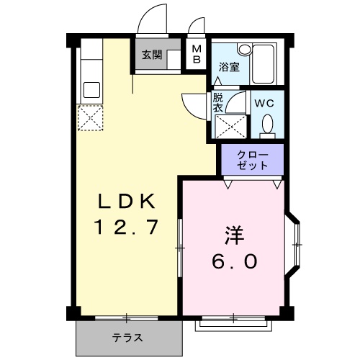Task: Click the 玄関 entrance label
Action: [x=151, y=54]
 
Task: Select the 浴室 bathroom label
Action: [x=228, y=66]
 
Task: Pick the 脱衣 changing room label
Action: [x=217, y=103]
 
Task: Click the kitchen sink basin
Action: [x=91, y=90]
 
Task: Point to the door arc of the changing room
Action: [x=194, y=104]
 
